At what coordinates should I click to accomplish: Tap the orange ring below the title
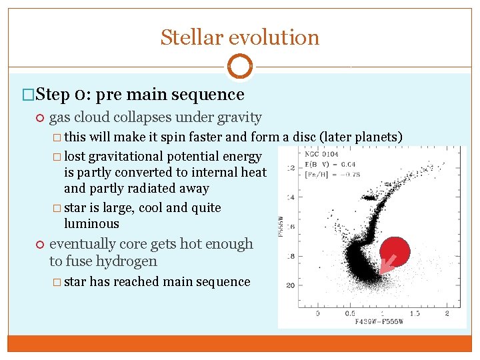(240, 67)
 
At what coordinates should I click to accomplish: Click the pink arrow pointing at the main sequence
(386, 265)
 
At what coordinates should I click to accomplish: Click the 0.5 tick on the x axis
(349, 313)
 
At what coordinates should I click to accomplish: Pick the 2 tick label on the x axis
(447, 313)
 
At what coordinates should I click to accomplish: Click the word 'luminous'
(91, 224)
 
